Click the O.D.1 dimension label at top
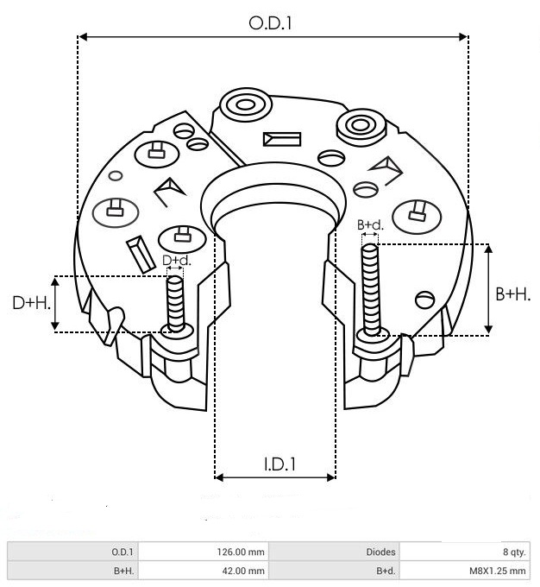tap(270, 23)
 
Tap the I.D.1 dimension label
tap(279, 464)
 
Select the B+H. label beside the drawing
tap(513, 294)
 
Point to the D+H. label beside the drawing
tap(31, 302)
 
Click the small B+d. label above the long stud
tap(370, 225)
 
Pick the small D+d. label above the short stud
tap(176, 261)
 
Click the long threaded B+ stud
tap(370, 290)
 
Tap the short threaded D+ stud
tap(175, 304)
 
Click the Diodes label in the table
tap(380, 552)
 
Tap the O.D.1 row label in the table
tap(122, 552)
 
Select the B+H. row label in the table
tap(123, 571)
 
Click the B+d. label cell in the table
tap(386, 571)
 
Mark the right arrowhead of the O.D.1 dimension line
tap(464, 36)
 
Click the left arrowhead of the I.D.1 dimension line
tap(219, 477)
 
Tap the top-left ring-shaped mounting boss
tap(246, 104)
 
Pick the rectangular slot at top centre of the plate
tap(282, 139)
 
